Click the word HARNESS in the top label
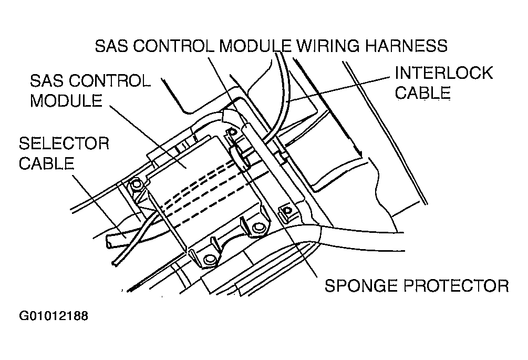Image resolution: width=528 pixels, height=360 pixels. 407,46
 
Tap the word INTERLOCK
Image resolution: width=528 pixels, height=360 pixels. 444,73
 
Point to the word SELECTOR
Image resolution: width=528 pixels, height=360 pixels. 64,143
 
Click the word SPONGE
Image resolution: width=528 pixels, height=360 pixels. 361,285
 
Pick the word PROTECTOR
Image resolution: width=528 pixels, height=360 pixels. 456,285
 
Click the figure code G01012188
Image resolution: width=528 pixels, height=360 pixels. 54,316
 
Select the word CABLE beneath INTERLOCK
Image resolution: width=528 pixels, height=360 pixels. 422,92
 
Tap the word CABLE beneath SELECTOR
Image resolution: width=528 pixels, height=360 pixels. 46,163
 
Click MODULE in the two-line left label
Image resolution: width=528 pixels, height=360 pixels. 66,100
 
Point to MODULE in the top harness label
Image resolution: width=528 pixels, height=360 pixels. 255,46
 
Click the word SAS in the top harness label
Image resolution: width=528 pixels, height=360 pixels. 111,46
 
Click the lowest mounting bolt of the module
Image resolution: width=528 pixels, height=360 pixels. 210,259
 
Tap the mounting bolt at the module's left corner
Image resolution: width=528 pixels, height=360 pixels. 136,184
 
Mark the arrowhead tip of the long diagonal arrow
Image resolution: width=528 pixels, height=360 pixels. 362,157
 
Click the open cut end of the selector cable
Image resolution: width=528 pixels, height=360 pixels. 110,241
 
